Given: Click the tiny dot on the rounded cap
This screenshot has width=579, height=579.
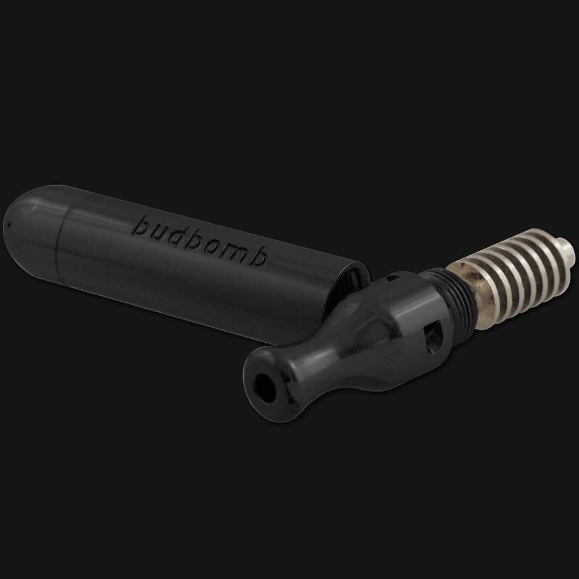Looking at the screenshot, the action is [x=9, y=223].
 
